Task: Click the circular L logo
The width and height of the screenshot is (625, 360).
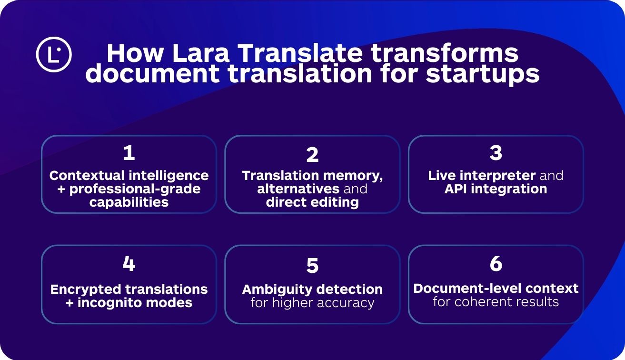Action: (x=54, y=54)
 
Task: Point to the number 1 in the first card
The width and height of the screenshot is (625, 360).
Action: (x=129, y=153)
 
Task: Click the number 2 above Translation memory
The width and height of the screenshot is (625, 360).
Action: (x=312, y=155)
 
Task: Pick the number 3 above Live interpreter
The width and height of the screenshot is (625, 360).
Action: (x=496, y=153)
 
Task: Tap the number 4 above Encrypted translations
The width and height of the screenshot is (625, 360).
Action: (x=129, y=264)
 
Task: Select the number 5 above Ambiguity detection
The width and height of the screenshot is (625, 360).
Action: (x=312, y=266)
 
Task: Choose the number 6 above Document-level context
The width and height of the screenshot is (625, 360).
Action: (x=496, y=264)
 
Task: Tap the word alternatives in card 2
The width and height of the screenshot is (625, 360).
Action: (x=298, y=189)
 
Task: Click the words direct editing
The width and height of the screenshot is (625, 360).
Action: (x=312, y=202)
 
